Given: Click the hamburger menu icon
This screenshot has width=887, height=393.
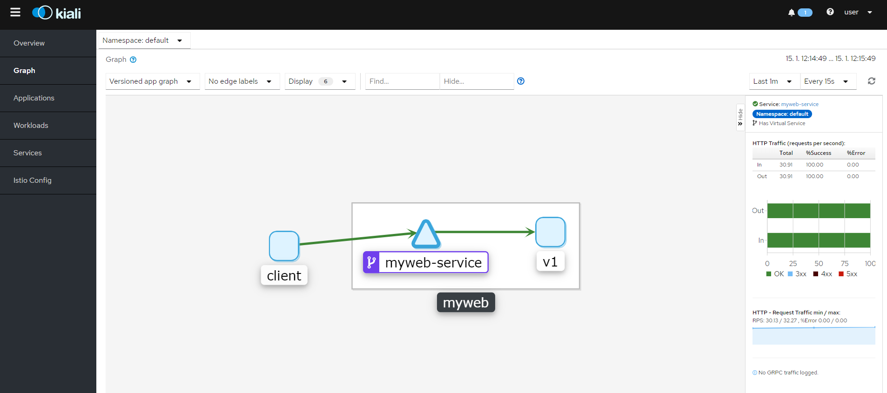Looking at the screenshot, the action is (x=15, y=12).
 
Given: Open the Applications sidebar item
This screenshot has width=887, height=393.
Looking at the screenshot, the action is (x=34, y=98).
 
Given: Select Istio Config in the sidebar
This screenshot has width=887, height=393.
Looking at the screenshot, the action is (x=33, y=180).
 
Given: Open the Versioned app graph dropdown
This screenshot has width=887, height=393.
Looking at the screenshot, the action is (x=153, y=81).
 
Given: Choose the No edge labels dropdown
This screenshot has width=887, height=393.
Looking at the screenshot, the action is (x=242, y=81).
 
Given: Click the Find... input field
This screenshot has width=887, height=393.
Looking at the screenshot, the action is (x=403, y=81).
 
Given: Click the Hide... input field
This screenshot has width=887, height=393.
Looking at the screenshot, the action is (x=477, y=81).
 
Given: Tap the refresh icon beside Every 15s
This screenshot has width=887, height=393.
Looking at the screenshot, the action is (x=872, y=81).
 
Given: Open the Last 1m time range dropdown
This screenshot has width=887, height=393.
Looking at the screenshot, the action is (x=774, y=81).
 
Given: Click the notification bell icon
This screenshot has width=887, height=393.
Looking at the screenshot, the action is (x=792, y=13).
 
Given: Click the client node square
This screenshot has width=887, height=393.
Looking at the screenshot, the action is (x=284, y=246).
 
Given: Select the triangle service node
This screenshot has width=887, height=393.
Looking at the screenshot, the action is (x=426, y=234).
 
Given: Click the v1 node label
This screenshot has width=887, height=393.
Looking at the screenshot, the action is (x=551, y=262).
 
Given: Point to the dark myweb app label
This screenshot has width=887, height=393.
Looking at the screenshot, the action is (x=466, y=302).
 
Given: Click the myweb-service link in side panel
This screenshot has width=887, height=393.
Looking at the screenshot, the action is (x=800, y=104).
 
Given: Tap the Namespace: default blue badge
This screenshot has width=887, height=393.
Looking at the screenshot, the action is (x=782, y=114).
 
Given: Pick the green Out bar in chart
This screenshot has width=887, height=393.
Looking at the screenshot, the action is (x=819, y=211).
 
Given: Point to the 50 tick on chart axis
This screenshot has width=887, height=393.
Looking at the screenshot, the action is (x=819, y=264).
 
